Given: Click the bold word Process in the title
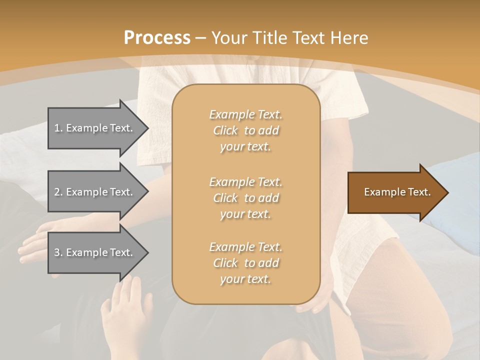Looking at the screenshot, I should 157,38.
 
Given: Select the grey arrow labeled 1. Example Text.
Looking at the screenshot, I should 95,128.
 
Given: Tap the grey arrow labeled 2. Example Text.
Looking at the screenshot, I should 95,192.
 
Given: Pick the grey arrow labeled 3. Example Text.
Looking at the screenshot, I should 95,252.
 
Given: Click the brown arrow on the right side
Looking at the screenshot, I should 395,192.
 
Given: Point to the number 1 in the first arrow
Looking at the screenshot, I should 57,128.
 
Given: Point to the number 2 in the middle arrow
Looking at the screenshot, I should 57,192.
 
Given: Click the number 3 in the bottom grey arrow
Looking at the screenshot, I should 57,252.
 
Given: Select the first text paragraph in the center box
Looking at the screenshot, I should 245,130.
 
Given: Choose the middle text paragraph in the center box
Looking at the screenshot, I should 245,197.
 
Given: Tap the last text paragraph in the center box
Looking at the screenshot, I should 245,263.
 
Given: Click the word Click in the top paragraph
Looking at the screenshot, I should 225,130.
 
